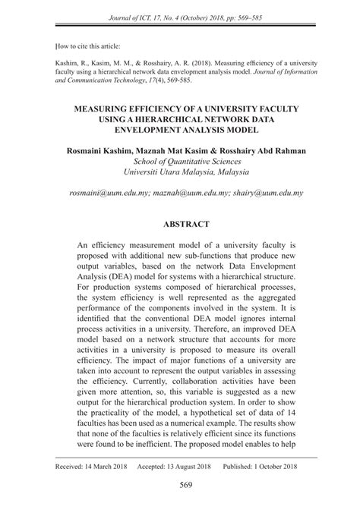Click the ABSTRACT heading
pos(180,225)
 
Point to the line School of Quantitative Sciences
pos(180,162)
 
